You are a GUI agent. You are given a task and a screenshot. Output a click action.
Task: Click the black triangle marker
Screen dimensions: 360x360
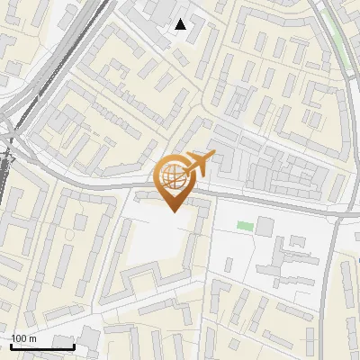(181, 24)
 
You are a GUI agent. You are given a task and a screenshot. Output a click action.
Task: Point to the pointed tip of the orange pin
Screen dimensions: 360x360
(173, 211)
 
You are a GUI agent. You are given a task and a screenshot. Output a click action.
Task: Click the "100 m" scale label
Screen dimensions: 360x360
(24, 338)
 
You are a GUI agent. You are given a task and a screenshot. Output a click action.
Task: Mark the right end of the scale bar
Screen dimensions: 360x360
(74, 346)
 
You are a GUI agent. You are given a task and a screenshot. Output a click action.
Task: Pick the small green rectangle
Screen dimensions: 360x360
(245, 225)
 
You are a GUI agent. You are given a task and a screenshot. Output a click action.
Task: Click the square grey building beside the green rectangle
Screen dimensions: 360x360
(264, 225)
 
